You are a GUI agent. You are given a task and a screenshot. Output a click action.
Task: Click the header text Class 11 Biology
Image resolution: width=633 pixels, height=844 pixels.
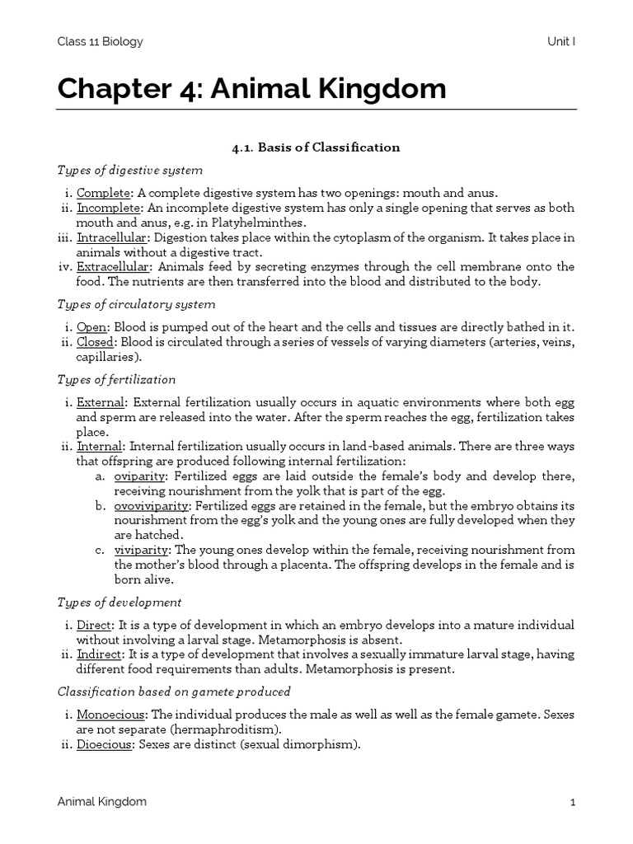tap(99, 41)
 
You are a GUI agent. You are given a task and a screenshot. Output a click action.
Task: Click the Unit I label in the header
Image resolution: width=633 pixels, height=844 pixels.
tap(560, 41)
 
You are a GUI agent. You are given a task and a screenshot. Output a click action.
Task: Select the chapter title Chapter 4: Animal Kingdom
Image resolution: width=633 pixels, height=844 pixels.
tap(251, 89)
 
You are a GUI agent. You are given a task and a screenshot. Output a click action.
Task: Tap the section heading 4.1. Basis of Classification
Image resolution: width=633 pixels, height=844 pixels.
tap(316, 148)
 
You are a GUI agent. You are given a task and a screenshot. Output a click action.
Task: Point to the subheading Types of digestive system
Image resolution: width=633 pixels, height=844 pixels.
tap(129, 171)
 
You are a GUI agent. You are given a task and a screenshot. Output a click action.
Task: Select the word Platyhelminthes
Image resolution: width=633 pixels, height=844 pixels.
tap(235, 223)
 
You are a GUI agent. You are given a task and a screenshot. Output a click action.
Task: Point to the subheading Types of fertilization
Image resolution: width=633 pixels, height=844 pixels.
tap(116, 379)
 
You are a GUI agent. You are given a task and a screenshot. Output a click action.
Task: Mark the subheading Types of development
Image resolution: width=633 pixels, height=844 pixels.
tap(120, 603)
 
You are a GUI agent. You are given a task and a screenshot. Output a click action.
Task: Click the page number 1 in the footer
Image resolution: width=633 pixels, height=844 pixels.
tap(571, 802)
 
